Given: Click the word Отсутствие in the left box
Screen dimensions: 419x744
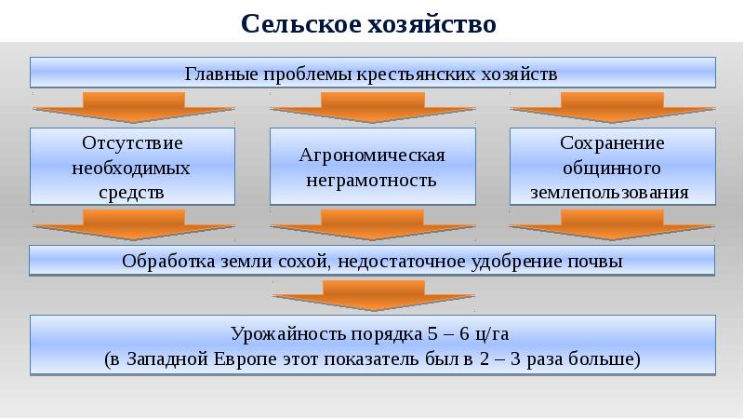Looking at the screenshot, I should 131,144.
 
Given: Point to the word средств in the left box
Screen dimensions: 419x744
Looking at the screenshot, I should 131,193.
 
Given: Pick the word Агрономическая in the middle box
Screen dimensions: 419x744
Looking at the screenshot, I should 372,155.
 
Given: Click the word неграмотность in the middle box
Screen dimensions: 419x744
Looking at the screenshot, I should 372,180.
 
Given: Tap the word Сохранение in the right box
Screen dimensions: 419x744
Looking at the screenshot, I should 611,144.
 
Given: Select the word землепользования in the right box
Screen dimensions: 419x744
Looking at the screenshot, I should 611,193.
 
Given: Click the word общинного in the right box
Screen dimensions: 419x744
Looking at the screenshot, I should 611,169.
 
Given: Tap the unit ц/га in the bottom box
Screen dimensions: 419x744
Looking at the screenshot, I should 488,333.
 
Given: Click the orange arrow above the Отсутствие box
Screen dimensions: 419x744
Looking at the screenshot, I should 131,105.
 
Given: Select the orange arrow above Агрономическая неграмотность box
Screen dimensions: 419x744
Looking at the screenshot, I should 372,105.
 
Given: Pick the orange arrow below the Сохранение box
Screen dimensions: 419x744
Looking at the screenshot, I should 611,224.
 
